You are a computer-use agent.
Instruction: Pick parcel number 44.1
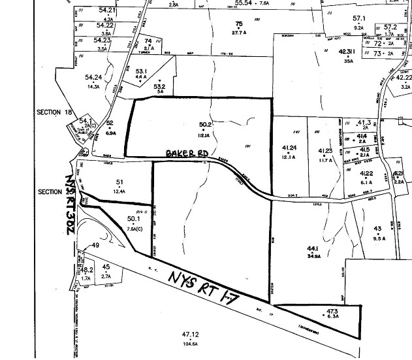tap(315, 248)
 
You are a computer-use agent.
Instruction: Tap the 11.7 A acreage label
tap(325, 159)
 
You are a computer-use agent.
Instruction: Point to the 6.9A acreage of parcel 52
tap(110, 132)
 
